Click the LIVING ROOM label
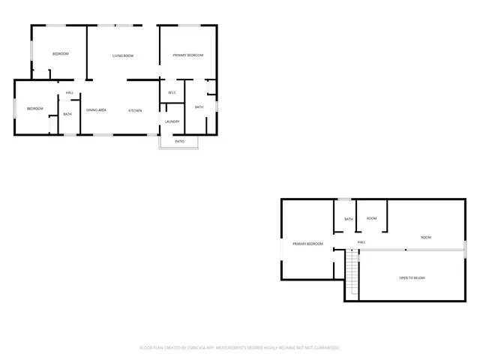(123, 56)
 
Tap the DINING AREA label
(96, 110)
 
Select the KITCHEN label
(135, 111)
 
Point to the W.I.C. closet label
(172, 93)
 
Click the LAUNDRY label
(172, 121)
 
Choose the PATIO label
(180, 141)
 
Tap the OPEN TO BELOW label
(412, 278)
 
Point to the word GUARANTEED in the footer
(325, 348)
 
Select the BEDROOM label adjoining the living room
(60, 54)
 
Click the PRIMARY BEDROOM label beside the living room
(189, 55)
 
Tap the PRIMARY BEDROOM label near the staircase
(308, 244)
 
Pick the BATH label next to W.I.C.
(199, 107)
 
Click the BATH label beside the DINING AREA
(67, 114)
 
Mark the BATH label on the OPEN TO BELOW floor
(349, 219)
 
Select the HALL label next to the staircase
(361, 242)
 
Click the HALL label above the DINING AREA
(70, 93)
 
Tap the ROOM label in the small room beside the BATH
(371, 218)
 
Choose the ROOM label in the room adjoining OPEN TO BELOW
(426, 238)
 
